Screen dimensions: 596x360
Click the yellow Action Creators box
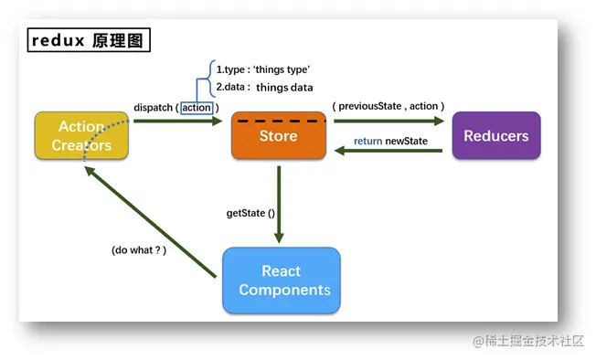coord(81,135)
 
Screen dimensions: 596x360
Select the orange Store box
coord(279,135)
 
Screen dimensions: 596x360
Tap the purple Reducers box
coord(496,135)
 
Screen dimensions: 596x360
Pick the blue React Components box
coord(282,281)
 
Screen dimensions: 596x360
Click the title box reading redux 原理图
coord(89,40)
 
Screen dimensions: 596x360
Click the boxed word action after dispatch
coord(197,108)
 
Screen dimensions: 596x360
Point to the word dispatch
coord(153,108)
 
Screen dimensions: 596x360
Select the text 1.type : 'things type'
coord(263,69)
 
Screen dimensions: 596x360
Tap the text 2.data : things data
coord(264,88)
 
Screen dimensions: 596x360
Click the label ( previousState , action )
coord(388,106)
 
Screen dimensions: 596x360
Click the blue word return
coord(368,142)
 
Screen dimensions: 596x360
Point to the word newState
coord(407,142)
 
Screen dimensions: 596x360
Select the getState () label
coord(250,213)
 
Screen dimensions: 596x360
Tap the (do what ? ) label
coord(139,250)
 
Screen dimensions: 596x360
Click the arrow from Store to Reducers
coord(388,122)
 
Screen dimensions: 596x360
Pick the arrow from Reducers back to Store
coord(388,151)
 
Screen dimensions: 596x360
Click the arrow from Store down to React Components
coord(279,205)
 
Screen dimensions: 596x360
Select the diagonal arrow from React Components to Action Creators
coord(150,222)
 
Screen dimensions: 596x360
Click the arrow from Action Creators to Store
coord(178,122)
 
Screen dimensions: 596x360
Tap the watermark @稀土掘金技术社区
coord(528,341)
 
